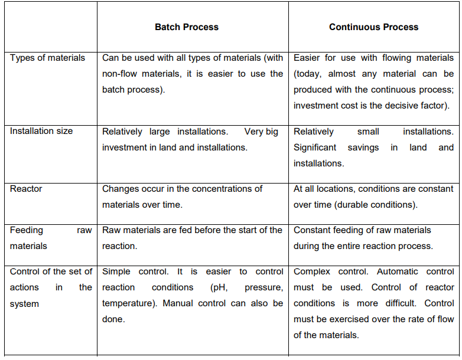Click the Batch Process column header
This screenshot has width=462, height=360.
click(187, 27)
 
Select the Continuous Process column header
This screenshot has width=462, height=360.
click(373, 27)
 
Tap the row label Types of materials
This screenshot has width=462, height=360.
click(47, 58)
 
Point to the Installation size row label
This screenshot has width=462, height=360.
click(41, 131)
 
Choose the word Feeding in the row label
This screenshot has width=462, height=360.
click(27, 230)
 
